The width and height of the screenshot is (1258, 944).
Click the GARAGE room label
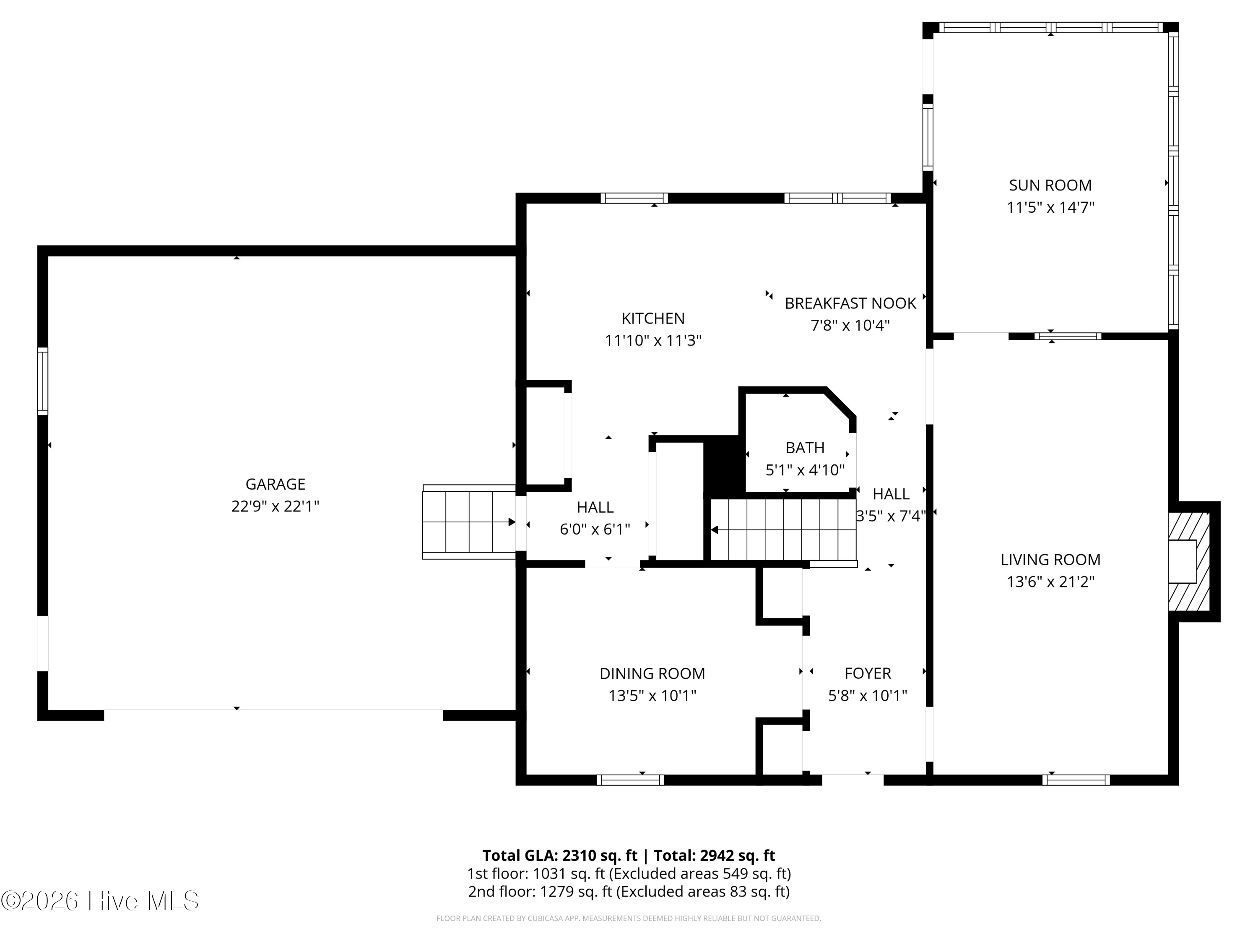point(275,484)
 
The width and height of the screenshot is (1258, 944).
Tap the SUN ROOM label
point(1050,185)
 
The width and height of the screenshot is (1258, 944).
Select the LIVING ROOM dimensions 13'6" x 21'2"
point(1050,582)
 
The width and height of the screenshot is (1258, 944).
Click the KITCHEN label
point(653,318)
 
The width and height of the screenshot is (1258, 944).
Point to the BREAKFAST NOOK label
point(850,303)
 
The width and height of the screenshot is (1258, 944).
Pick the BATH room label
point(805,448)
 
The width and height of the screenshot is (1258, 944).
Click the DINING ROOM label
point(652,674)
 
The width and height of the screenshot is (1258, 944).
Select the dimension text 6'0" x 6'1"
point(595,529)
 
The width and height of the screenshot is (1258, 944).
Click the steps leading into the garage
point(469,522)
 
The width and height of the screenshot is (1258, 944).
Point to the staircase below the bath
point(784,530)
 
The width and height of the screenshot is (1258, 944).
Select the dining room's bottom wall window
point(630,780)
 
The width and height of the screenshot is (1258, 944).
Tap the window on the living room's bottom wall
point(1076,780)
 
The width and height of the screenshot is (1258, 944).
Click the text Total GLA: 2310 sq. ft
point(560,855)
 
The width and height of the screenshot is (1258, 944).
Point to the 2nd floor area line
point(629,891)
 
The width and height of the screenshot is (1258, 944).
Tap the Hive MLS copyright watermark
point(100,901)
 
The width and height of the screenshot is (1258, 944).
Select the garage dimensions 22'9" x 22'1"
point(275,506)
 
